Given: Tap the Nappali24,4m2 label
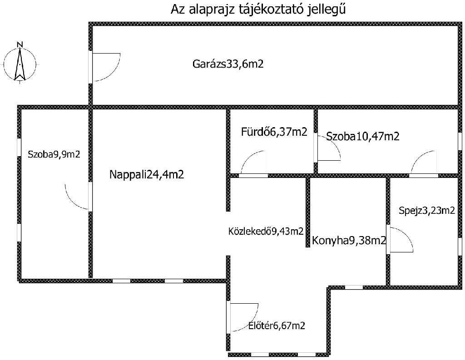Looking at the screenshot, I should [x=146, y=174].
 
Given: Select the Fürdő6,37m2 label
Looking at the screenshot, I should [x=274, y=132].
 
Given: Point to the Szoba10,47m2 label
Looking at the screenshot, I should [x=363, y=136].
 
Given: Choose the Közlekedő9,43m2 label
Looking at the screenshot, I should [x=266, y=232].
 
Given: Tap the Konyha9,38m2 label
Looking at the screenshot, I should [x=348, y=241].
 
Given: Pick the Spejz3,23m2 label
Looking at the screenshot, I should [x=426, y=210].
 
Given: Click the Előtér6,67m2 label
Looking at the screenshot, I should [x=277, y=325].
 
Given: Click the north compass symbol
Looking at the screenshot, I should [x=20, y=63].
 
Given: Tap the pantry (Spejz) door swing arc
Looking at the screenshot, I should [x=401, y=239].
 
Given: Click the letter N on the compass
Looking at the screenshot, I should [x=20, y=44].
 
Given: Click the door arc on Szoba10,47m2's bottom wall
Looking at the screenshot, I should [x=424, y=162].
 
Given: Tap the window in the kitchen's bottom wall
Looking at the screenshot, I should [x=354, y=287].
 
